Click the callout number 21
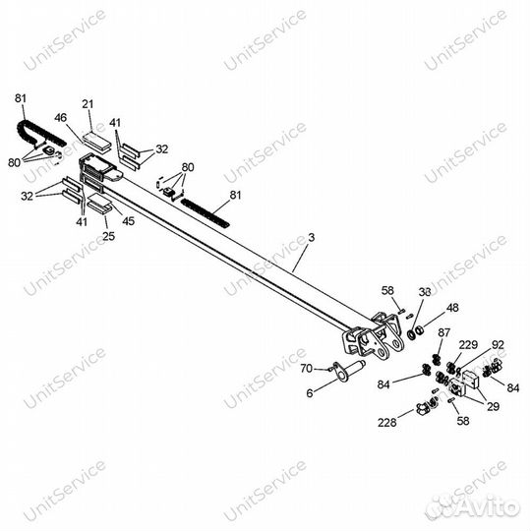pyautogui.click(x=88, y=104)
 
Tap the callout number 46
pyautogui.click(x=61, y=118)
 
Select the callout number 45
pyautogui.click(x=129, y=221)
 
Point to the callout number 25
pyautogui.click(x=109, y=236)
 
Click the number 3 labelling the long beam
pyautogui.click(x=312, y=237)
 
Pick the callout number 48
pyautogui.click(x=452, y=308)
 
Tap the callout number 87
pyautogui.click(x=443, y=332)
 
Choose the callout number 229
pyautogui.click(x=468, y=345)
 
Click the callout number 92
pyautogui.click(x=498, y=345)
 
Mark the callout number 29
pyautogui.click(x=493, y=406)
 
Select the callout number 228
pyautogui.click(x=387, y=422)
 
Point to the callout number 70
pyautogui.click(x=307, y=369)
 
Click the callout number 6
pyautogui.click(x=310, y=393)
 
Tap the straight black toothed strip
pyautogui.click(x=206, y=212)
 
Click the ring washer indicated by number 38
pyautogui.click(x=412, y=334)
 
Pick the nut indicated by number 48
pyautogui.click(x=420, y=329)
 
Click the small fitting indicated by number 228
pyautogui.click(x=422, y=409)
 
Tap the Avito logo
pyautogui.click(x=473, y=507)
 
